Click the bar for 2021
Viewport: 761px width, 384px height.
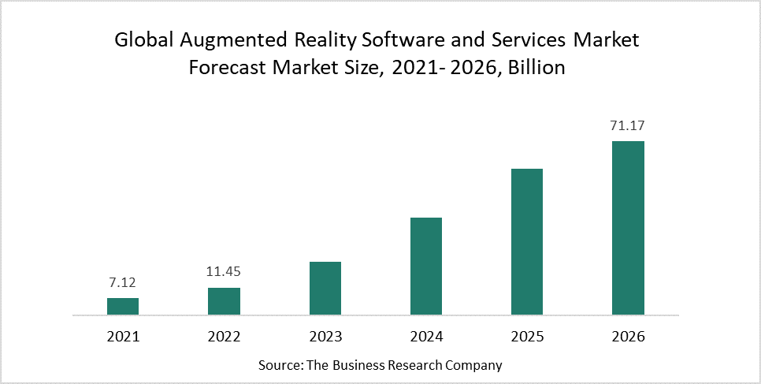point(123,307)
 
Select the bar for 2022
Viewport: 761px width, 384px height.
point(224,301)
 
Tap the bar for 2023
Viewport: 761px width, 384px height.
point(325,289)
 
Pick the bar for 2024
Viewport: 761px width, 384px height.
point(426,267)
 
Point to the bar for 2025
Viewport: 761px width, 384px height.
point(527,242)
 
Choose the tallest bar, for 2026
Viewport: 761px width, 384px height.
point(628,228)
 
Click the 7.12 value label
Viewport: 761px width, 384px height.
point(123,282)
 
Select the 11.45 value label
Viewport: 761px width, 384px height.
point(224,272)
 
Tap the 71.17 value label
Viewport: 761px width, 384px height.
point(628,125)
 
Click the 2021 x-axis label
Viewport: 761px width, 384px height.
point(123,337)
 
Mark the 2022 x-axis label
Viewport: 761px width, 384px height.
point(224,337)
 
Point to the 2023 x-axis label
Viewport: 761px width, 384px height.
point(325,337)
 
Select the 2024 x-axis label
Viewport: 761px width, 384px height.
point(426,337)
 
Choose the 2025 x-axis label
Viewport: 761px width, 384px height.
point(527,337)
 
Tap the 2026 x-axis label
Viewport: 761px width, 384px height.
point(628,337)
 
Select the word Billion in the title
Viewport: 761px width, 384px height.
point(536,68)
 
